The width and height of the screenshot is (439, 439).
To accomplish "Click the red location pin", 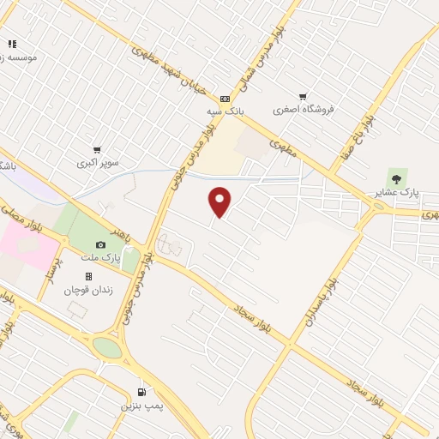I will tap(220, 201).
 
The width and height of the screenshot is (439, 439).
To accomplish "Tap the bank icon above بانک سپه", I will tap(225, 99).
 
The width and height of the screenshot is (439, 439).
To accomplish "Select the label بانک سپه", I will tap(227, 112).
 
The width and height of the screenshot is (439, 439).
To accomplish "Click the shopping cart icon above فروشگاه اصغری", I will tap(302, 97).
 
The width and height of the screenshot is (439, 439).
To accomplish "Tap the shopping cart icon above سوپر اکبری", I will tap(97, 149).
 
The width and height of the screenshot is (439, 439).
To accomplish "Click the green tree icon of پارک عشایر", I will tap(395, 176).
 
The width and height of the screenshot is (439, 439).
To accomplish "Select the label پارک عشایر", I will tap(396, 193).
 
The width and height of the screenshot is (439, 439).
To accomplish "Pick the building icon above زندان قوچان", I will tap(87, 276).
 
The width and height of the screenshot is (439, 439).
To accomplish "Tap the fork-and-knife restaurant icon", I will tap(12, 43).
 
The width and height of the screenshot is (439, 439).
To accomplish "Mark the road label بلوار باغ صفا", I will tap(360, 123).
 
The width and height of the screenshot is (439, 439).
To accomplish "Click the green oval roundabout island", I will tap(108, 348).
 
